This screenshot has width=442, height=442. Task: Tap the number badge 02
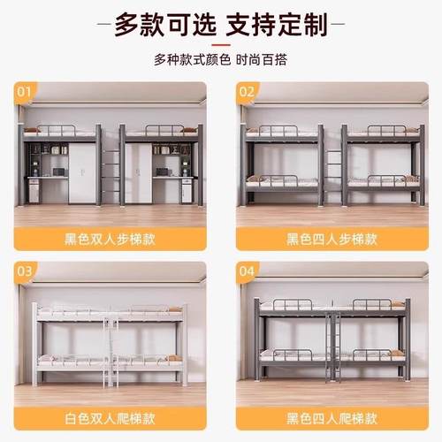point(246,91)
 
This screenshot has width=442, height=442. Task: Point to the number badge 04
point(246,271)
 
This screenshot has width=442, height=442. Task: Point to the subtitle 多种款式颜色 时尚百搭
point(220,60)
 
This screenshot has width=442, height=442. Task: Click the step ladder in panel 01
point(110,172)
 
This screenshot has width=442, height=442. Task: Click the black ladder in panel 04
point(333,349)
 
